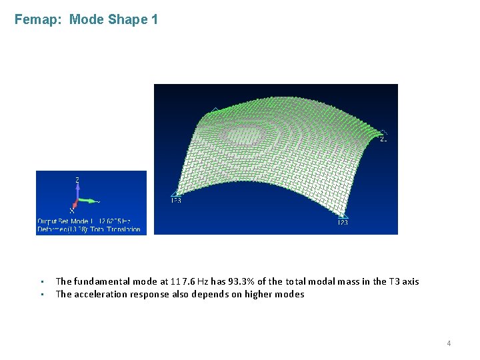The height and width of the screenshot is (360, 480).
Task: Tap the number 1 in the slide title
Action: (x=155, y=19)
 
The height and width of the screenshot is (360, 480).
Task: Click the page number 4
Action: (x=449, y=343)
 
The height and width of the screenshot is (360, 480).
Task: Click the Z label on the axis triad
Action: (x=78, y=180)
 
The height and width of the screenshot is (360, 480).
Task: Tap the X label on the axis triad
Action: (x=71, y=211)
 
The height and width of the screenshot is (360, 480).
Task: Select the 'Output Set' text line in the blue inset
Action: (x=84, y=221)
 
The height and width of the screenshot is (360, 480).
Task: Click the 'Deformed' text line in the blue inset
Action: (x=89, y=229)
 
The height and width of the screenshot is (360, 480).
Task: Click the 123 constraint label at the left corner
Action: (x=176, y=199)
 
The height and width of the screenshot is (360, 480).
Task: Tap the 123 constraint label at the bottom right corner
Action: (x=342, y=223)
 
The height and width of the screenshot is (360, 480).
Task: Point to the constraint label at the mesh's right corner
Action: (x=383, y=139)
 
